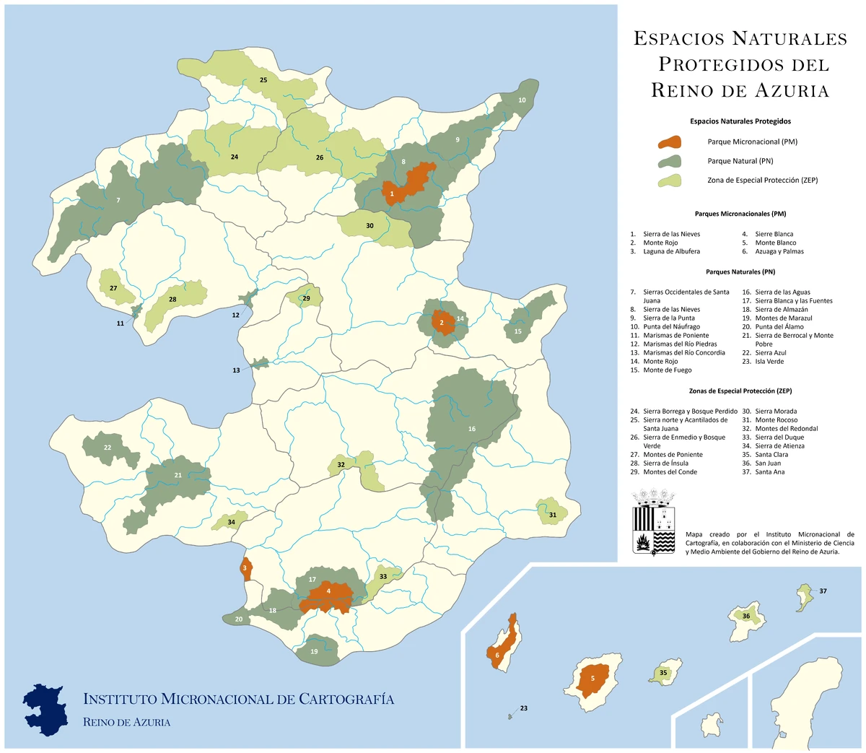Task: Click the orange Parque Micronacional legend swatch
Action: click(x=670, y=142)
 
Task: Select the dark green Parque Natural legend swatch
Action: click(x=670, y=162)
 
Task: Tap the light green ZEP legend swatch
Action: click(x=670, y=180)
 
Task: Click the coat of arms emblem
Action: click(x=653, y=523)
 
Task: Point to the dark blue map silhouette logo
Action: click(x=46, y=708)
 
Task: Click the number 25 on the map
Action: click(x=263, y=80)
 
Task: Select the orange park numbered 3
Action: click(x=245, y=569)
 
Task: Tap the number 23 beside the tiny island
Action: click(x=524, y=708)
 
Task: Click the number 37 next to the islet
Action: click(x=823, y=591)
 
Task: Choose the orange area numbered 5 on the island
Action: click(x=592, y=679)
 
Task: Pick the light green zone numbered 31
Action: click(x=552, y=513)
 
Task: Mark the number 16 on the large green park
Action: click(x=472, y=429)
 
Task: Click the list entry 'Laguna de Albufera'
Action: click(x=671, y=251)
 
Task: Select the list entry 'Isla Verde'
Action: click(x=769, y=361)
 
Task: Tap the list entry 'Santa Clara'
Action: click(x=771, y=455)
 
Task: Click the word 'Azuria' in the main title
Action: click(x=792, y=90)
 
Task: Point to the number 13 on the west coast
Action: click(x=236, y=370)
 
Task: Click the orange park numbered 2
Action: click(x=442, y=323)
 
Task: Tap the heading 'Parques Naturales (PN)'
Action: click(x=740, y=272)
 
